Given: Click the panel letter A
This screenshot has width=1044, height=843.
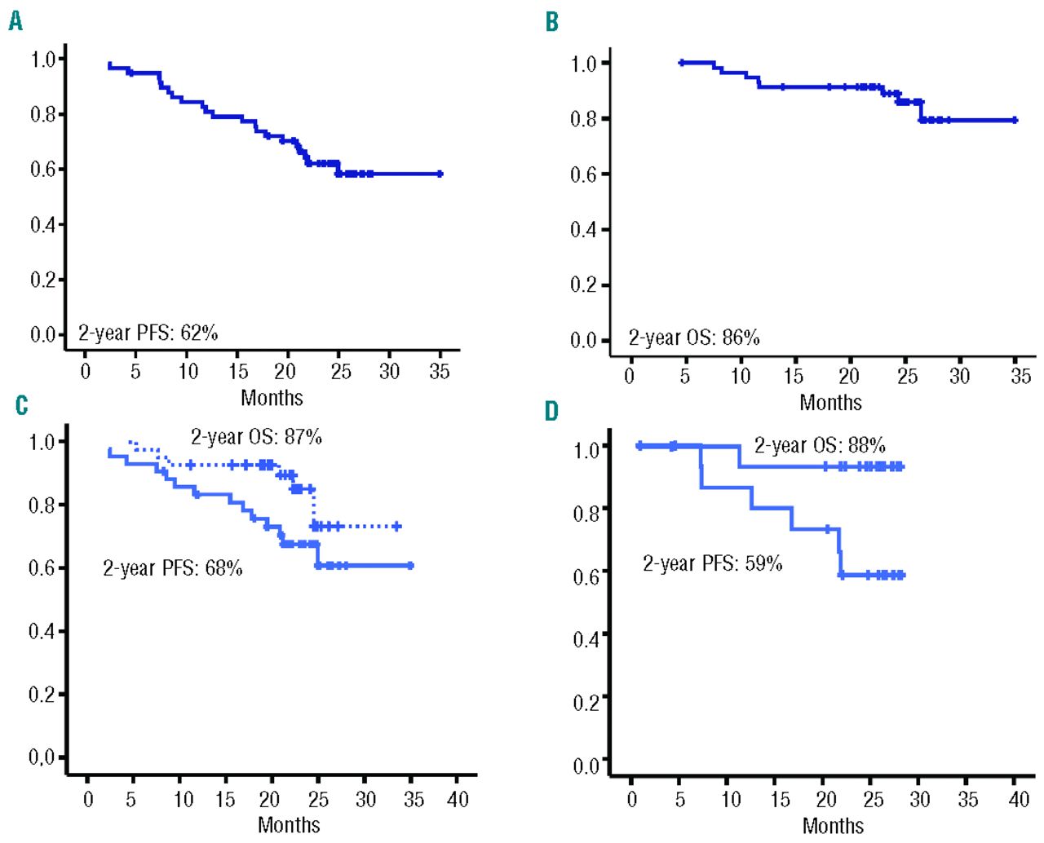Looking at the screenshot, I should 15,22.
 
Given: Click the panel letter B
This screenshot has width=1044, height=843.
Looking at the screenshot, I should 552,22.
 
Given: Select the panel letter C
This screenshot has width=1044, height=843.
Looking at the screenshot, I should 21,405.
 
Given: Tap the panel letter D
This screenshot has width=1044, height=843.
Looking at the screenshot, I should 552,411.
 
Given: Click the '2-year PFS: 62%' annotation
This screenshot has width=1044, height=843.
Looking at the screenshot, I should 148,333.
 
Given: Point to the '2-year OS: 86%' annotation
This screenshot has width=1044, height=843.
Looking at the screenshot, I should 693,338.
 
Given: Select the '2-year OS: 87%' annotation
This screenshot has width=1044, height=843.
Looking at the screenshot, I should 256,438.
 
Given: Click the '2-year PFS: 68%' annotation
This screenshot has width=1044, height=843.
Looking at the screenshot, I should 172,568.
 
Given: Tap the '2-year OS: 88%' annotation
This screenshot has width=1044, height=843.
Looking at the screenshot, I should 819,446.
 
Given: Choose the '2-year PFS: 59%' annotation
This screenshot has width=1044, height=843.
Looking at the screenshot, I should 712,563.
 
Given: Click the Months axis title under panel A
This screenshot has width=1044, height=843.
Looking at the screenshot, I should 272,398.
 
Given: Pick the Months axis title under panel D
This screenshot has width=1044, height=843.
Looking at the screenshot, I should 833,826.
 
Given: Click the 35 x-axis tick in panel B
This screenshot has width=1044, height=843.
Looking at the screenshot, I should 1020,376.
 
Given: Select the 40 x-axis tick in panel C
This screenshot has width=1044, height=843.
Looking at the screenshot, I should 458,799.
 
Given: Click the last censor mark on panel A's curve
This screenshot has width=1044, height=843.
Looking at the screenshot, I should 440,174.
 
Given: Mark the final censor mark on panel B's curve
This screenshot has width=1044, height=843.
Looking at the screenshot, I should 1015,120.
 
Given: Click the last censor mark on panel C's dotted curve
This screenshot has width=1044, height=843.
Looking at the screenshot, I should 397,527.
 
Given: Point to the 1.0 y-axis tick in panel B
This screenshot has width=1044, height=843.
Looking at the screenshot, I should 584,64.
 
